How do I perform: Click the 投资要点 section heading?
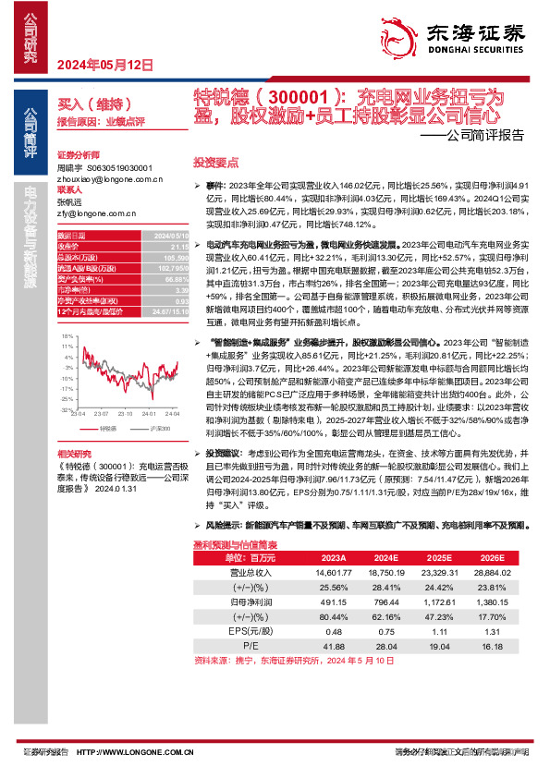click(x=215, y=161)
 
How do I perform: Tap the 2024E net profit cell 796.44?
click(x=388, y=601)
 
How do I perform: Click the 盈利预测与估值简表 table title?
click(x=231, y=546)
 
